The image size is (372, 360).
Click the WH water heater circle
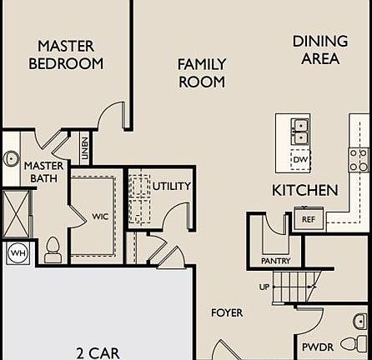tap(19, 253)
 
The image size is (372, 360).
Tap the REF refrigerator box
tap(309, 218)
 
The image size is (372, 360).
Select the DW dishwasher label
tap(300, 159)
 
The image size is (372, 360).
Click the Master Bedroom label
tap(66, 55)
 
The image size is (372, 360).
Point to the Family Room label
tap(202, 73)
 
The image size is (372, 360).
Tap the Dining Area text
tap(320, 50)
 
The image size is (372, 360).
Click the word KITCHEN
tap(305, 190)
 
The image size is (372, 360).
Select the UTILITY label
tap(172, 186)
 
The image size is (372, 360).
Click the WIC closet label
tap(100, 217)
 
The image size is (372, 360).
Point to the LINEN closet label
tap(84, 148)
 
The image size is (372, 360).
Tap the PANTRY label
tap(275, 261)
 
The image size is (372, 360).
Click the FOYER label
tap(227, 312)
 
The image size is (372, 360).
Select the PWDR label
tap(318, 347)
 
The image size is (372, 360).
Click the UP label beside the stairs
tap(264, 287)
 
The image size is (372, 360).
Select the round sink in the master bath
tap(11, 158)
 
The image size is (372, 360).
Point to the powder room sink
tap(360, 322)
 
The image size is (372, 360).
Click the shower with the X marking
tap(16, 213)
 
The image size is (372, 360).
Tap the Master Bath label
tap(44, 172)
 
